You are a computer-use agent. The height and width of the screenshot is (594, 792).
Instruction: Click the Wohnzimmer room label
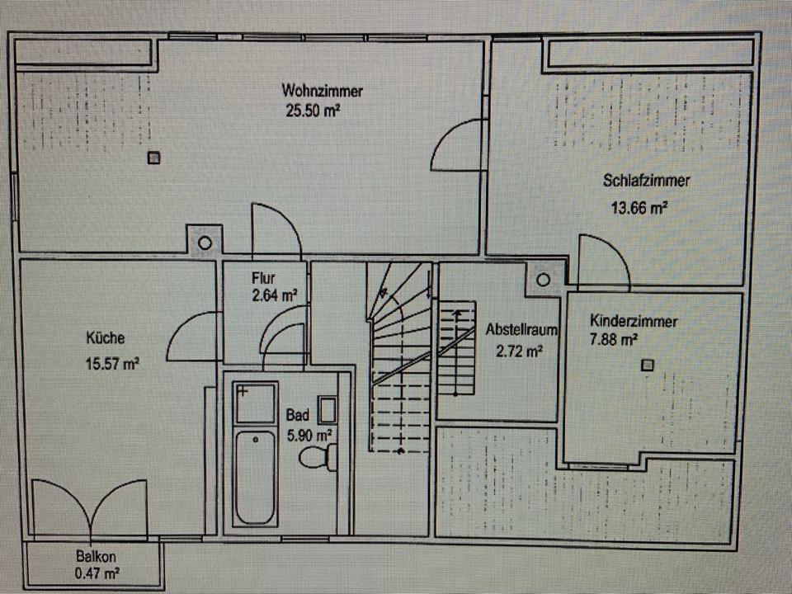point(322,90)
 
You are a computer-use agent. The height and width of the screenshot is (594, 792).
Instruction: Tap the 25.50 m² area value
point(313,110)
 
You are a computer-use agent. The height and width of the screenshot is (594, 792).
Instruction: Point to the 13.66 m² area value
point(639,209)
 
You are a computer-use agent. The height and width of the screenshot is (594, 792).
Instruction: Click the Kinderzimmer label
point(634,321)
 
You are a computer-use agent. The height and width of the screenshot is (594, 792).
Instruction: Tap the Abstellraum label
point(522,329)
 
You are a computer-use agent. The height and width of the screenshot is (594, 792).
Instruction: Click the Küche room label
point(106,337)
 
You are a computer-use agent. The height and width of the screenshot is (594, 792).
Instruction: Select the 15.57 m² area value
point(111,364)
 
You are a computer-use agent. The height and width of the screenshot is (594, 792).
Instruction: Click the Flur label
point(264,278)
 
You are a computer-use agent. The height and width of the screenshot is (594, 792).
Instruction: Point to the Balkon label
point(94,555)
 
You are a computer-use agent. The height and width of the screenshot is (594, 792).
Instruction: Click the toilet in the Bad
point(318,456)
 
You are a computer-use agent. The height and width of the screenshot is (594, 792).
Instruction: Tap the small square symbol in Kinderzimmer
point(648,365)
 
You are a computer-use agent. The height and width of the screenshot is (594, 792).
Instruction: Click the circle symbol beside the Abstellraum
point(543,280)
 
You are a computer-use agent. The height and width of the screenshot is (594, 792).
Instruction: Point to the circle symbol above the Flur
point(204,243)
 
